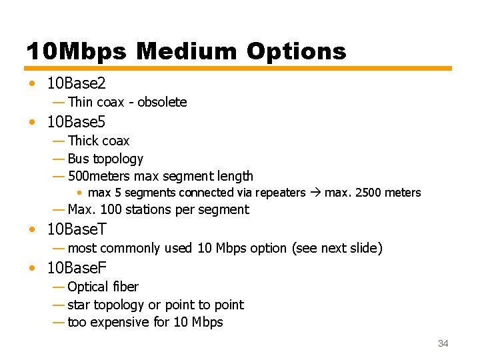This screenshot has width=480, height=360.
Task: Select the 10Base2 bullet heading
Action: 76,83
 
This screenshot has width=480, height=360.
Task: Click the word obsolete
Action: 162,102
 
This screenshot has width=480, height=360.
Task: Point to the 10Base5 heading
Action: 76,122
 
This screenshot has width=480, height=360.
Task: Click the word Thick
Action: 83,141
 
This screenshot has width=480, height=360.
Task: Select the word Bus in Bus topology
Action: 78,159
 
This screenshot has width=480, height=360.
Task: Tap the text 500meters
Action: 99,176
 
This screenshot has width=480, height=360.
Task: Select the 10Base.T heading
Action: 77,229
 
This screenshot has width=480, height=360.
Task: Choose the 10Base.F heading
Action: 77,268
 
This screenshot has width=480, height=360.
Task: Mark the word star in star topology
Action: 79,305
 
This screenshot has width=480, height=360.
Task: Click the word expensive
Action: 118,322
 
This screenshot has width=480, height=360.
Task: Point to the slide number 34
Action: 443,343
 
